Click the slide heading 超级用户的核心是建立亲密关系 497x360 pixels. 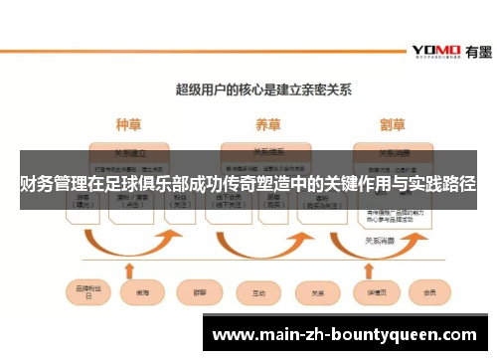tap(249, 89)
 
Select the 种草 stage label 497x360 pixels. tap(128, 125)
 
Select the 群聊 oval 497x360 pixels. tap(195, 293)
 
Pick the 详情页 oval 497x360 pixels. tap(376, 293)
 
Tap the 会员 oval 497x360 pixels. tap(429, 293)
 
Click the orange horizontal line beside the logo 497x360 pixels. tap(199, 50)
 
